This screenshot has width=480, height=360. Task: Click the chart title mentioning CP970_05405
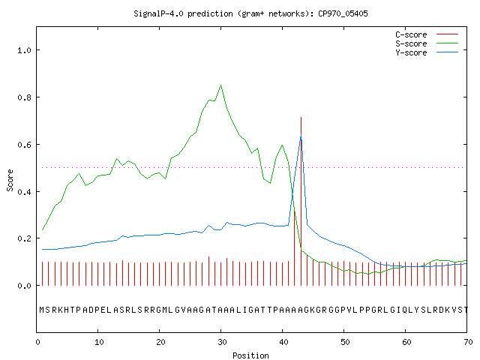pos(250,13)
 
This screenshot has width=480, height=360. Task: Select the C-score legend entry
pos(427,34)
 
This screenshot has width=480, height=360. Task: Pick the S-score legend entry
pos(427,43)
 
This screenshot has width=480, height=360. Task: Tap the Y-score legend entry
pos(427,52)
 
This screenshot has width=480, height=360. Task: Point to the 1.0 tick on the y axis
pos(24,50)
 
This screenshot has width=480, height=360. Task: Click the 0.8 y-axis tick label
pos(24,97)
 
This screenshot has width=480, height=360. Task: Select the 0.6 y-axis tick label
pos(24,145)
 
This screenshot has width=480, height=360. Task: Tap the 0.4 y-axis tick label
pos(24,192)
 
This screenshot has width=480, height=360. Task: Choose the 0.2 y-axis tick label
pos(24,238)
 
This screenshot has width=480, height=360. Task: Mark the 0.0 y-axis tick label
pos(24,286)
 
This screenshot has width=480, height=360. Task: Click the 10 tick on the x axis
pos(99,342)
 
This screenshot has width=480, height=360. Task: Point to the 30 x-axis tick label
pos(222,342)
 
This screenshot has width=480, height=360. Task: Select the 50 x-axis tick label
pos(345,342)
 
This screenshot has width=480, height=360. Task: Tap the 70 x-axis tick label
pos(468,342)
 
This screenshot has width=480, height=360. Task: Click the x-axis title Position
pos(250,355)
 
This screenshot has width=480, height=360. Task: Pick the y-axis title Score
pos(10,180)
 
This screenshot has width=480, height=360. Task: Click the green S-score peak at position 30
pos(220,85)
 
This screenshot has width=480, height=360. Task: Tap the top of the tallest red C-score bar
pos(301,117)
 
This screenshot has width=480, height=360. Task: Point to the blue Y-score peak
pos(301,133)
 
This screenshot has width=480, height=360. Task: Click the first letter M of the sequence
pos(42,310)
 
